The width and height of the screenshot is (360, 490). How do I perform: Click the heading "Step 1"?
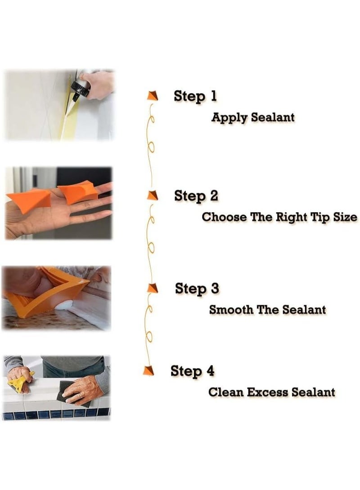click(x=195, y=96)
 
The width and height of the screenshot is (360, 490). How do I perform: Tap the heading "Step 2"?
click(x=196, y=196)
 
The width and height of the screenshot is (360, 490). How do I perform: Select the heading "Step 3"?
click(x=197, y=289)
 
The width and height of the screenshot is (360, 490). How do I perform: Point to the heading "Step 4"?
click(x=192, y=371)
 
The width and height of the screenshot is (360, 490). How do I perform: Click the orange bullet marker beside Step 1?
click(x=153, y=96)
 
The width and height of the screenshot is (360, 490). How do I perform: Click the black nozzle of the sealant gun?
click(x=76, y=87)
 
